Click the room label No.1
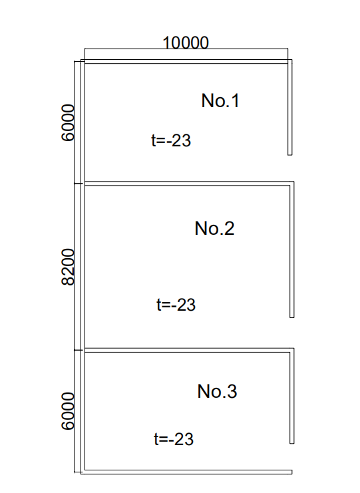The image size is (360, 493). tap(220, 100)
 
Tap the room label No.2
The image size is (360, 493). tap(214, 228)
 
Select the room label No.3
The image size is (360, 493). tap(217, 391)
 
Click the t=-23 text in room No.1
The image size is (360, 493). tap(171, 140)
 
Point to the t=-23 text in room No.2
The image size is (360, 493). tap(176, 305)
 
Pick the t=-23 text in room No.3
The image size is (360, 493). tap(174, 439)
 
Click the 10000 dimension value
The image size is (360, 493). tap(186, 43)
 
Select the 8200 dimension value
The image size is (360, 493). tap(69, 267)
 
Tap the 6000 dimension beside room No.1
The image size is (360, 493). tap(69, 123)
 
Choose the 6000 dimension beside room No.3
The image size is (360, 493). tap(69, 411)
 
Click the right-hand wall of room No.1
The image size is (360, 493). tap(290, 107)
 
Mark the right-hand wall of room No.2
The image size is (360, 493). tap(292, 249)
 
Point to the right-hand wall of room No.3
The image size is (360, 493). tap(292, 396)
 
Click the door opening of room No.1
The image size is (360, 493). tap(291, 168)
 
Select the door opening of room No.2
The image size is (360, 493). tap(292, 333)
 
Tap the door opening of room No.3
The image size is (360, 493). tap(292, 457)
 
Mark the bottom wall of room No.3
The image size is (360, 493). tap(186, 472)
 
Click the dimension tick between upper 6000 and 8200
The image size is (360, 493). tap(79, 184)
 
